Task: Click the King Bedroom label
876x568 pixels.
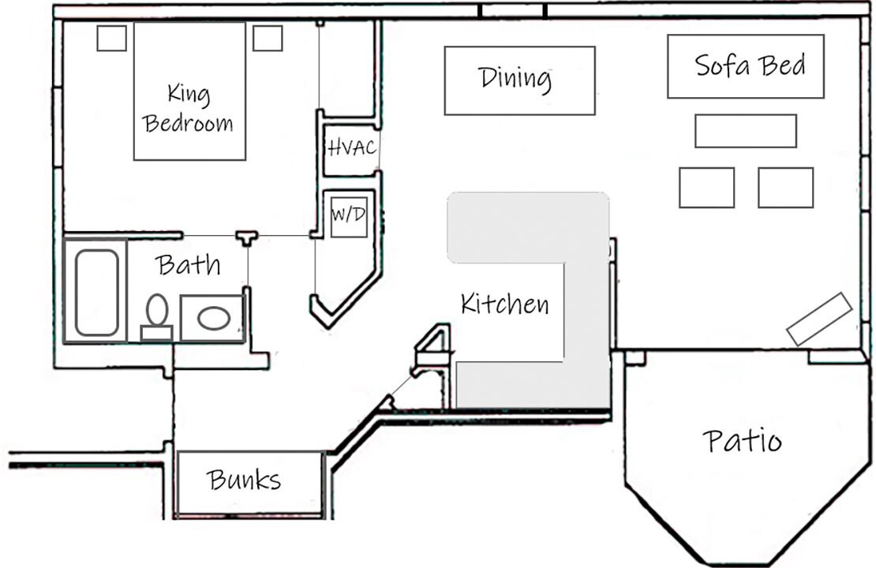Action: pos(189,109)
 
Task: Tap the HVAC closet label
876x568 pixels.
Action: pos(351,147)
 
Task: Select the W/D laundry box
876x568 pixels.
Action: pos(348,214)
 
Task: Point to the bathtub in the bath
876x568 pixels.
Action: pos(96,292)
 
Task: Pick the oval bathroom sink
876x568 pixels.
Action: pos(213,319)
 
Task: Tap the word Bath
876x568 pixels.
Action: pos(188,264)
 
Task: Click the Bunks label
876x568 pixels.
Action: pos(244,479)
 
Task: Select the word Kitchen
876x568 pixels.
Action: pos(504,303)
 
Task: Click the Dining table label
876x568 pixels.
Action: pos(515,78)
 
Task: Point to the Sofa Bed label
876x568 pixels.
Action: pos(750,65)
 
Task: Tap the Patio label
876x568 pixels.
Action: pos(742,440)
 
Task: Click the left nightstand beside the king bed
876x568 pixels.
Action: pos(111,38)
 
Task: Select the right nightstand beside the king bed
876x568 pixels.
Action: pos(268,38)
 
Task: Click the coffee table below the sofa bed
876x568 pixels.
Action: pos(745,131)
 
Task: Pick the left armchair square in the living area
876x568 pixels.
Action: pos(706,188)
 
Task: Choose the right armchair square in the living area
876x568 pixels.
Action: pos(785,188)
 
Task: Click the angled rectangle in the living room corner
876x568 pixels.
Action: pos(819,319)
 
